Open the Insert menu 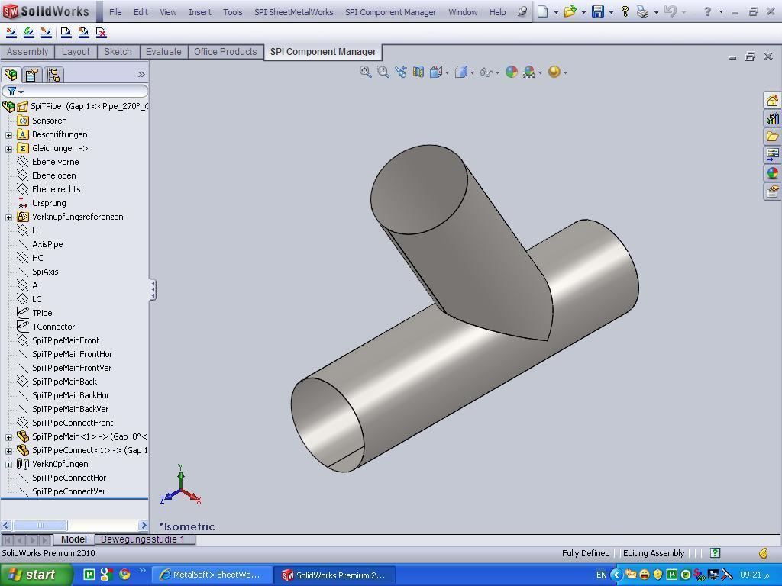tap(199, 12)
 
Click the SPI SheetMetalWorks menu tap(293, 12)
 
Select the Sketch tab tap(118, 52)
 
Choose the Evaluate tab tap(163, 52)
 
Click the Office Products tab tap(225, 52)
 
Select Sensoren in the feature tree tap(49, 121)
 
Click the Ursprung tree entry tap(49, 203)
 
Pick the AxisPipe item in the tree tap(47, 244)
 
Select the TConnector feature tap(53, 327)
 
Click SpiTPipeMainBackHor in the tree tap(70, 395)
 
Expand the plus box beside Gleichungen tap(9, 148)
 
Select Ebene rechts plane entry tap(56, 189)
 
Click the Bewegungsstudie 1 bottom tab tap(143, 539)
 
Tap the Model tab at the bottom tap(74, 539)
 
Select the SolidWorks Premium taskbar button tap(333, 575)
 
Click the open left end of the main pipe tap(327, 423)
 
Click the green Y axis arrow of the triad tap(181, 472)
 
